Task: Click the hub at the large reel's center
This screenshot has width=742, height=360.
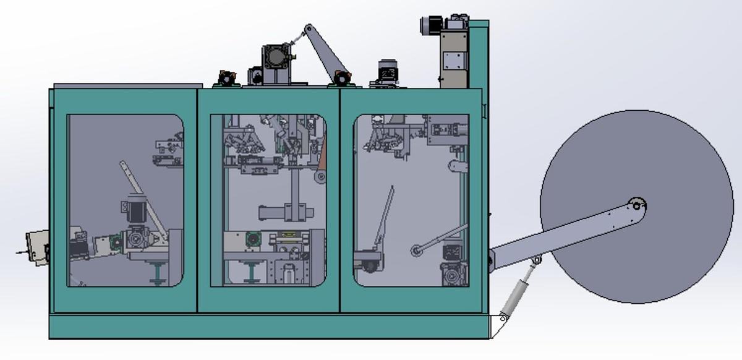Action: [636, 205]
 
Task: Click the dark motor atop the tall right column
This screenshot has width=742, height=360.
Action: [431, 25]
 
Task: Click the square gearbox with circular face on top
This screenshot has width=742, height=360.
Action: [276, 58]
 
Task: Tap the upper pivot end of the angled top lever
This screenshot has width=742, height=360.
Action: [309, 29]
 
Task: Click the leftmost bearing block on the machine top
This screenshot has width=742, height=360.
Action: [226, 79]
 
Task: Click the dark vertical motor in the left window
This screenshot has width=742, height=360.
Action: [135, 208]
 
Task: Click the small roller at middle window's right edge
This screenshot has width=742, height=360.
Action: [320, 178]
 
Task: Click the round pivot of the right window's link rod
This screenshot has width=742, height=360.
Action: [416, 251]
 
